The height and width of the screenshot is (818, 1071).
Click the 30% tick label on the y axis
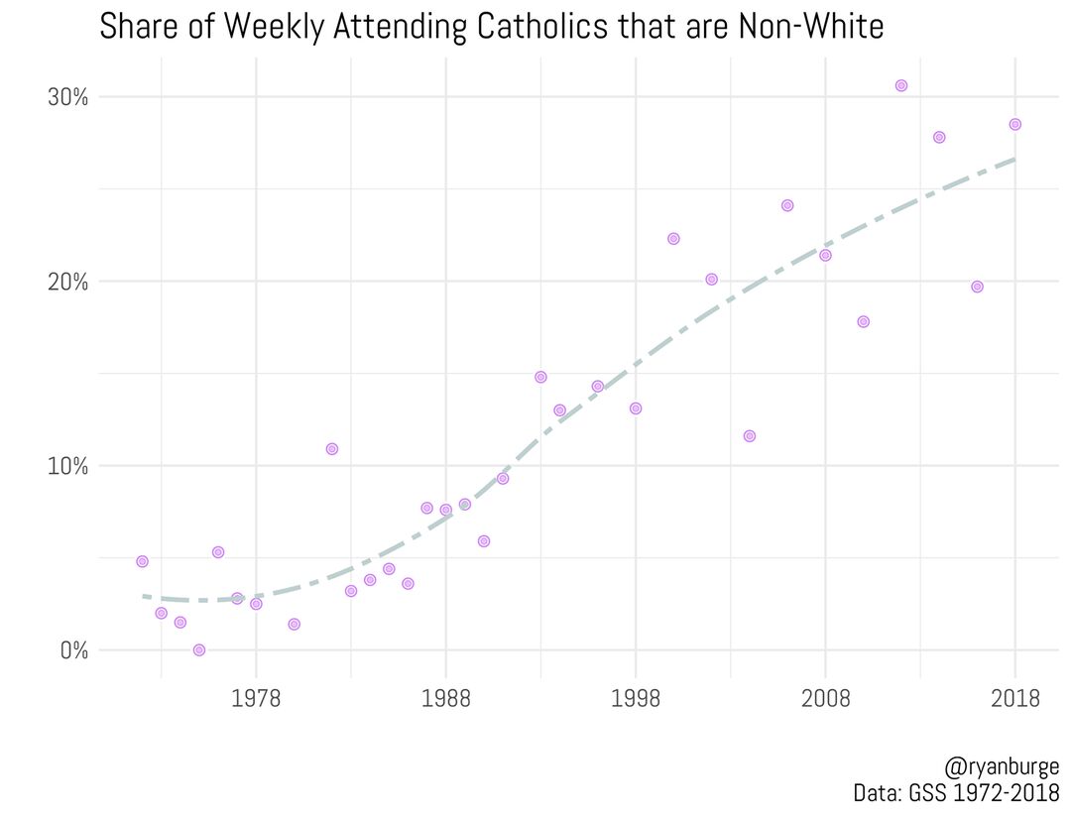tap(67, 97)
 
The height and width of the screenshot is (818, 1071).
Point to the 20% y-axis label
tap(67, 282)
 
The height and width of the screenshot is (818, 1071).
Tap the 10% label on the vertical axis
tap(67, 466)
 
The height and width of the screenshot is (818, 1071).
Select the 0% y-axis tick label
tap(72, 650)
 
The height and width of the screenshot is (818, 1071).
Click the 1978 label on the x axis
tap(256, 700)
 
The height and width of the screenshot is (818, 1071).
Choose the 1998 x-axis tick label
tap(636, 700)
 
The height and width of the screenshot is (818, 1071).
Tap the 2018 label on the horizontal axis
tap(1014, 700)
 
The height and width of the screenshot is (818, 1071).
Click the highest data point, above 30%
tap(901, 85)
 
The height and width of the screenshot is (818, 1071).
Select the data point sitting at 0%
tap(199, 650)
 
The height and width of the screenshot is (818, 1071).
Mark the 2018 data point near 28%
tap(1014, 124)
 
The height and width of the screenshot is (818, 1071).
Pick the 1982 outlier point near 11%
tap(332, 449)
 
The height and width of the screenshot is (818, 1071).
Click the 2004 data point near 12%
tap(750, 436)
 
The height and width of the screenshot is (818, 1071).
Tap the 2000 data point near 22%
tap(673, 239)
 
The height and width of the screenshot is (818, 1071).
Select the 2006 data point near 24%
tap(787, 205)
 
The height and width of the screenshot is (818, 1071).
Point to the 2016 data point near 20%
tap(977, 287)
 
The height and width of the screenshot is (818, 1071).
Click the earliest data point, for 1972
tap(142, 561)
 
